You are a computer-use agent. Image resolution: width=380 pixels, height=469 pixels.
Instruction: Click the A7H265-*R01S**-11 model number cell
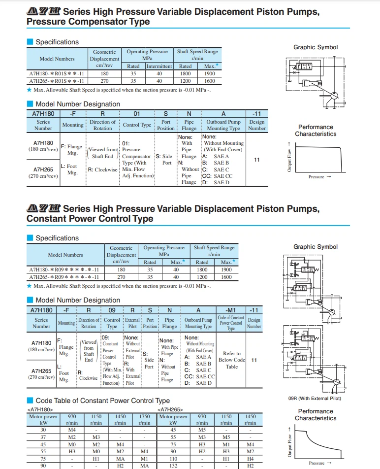click(x=57, y=81)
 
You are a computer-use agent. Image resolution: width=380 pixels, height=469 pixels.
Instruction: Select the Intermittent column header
click(x=159, y=66)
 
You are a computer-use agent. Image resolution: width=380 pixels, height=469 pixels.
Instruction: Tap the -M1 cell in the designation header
click(x=231, y=310)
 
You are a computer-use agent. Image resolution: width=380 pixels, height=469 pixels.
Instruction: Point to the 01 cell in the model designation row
click(x=137, y=114)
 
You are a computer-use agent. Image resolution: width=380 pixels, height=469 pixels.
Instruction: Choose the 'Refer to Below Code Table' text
click(x=232, y=360)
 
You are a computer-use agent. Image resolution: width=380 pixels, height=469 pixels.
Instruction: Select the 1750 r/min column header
click(x=144, y=420)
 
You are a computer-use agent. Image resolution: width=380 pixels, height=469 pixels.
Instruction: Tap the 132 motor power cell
click(x=173, y=465)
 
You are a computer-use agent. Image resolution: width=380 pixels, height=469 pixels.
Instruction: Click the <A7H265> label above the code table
click(x=170, y=409)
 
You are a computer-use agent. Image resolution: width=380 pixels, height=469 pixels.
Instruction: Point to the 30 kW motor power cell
click(x=43, y=430)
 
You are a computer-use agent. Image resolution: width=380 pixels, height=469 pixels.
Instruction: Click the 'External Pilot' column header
click(x=132, y=323)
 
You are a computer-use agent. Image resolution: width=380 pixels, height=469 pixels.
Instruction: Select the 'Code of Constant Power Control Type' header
click(x=231, y=323)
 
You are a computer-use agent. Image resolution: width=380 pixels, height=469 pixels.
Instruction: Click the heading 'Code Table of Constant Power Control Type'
click(x=102, y=401)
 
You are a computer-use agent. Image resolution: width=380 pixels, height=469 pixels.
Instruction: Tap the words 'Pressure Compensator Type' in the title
click(x=88, y=22)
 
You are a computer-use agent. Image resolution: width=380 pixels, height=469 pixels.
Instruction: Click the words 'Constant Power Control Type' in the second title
click(x=90, y=218)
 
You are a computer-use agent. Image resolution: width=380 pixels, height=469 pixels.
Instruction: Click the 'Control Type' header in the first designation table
click(x=137, y=125)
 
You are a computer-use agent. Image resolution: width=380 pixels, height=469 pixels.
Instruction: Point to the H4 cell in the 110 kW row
click(x=250, y=458)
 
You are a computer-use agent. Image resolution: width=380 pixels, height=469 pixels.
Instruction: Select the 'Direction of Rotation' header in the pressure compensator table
click(x=103, y=125)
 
